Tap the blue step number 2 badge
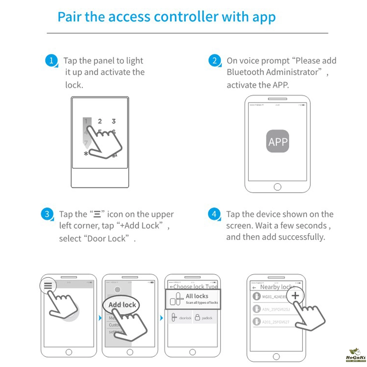pyautogui.click(x=215, y=61)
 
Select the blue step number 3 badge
pyautogui.click(x=47, y=214)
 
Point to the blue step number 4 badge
pyautogui.click(x=214, y=214)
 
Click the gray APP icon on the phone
pyautogui.click(x=277, y=142)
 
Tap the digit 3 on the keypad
pyautogui.click(x=114, y=121)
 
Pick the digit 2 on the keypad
pyautogui.click(x=99, y=121)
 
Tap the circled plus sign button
pyautogui.click(x=295, y=295)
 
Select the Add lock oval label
pyautogui.click(x=122, y=305)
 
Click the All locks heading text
pyautogui.click(x=197, y=296)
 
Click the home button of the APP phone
pyautogui.click(x=277, y=187)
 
